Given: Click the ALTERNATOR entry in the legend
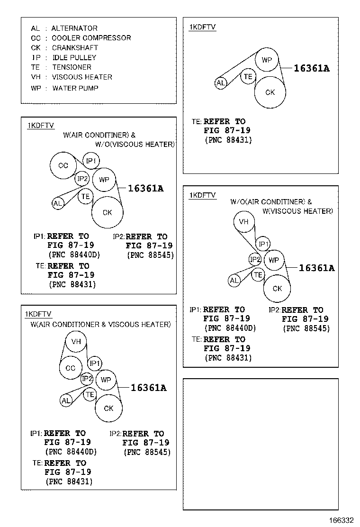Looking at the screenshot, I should coord(74,28).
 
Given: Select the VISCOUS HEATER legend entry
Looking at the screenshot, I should coord(82,77).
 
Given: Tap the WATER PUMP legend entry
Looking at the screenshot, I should coord(75,88).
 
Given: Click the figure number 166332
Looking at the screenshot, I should coord(342,520).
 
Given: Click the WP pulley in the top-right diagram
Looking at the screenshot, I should coord(267,60).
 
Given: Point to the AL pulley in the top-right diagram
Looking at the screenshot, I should coord(221,83).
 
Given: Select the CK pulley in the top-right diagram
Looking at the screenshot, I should coord(270,92).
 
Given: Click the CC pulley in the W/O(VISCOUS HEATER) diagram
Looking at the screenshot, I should coord(63,166).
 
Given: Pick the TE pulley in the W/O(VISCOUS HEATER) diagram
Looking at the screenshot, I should coord(86,196).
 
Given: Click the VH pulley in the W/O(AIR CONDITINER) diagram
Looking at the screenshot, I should coord(243,222).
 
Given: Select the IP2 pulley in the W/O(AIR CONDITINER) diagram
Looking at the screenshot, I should coord(255,259).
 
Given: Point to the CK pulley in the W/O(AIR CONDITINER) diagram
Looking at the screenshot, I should coord(277,288).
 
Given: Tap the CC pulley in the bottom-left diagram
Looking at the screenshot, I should coord(71,368).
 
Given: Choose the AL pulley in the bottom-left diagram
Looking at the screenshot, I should coord(66,401).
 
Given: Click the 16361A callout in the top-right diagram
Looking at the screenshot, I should coord(311,68).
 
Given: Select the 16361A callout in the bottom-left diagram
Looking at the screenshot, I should coord(148,388).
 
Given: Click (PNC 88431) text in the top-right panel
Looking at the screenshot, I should coord(228,140).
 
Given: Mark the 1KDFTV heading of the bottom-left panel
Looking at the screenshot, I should coord(38,314).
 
